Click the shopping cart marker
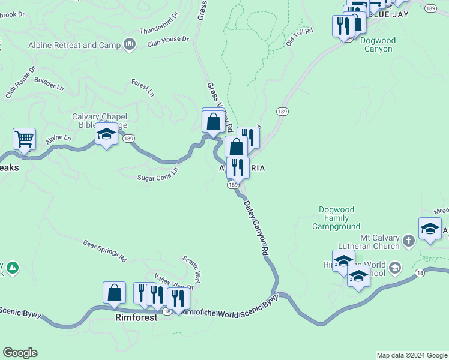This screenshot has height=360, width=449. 24,139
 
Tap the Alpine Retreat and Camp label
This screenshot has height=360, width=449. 74,45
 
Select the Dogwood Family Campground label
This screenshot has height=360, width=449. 336,218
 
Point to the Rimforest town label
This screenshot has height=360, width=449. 136,317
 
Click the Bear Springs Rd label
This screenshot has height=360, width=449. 104,251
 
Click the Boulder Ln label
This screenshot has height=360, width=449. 49,82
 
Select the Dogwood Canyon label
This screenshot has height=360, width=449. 378,45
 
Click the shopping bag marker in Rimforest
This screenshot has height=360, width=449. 114,293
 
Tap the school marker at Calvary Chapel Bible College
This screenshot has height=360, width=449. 106,134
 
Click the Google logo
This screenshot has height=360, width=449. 20,353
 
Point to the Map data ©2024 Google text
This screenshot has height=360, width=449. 412,355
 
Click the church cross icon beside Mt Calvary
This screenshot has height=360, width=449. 408,241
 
